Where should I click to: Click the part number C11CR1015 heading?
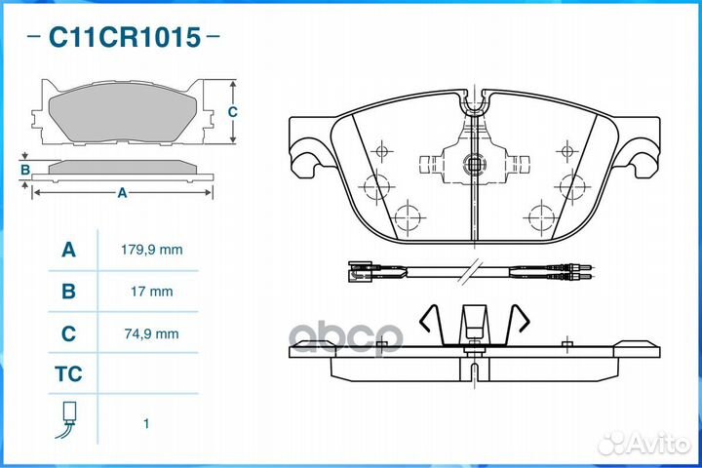click(125, 37)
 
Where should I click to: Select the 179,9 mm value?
click(152, 250)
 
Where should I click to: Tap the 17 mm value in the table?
click(152, 292)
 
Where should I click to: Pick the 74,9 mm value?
click(152, 333)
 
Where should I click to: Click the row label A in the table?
click(68, 250)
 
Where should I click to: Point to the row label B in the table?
click(68, 292)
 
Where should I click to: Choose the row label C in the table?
click(68, 333)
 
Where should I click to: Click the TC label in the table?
click(68, 374)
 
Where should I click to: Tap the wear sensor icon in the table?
click(67, 419)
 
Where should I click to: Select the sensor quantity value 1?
click(146, 423)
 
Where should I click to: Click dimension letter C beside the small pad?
click(232, 111)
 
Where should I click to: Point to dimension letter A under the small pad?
click(122, 193)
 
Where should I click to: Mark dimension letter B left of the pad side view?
click(25, 170)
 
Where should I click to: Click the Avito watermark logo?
click(643, 443)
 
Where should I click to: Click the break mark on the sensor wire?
click(471, 270)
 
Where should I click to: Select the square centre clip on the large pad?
click(474, 164)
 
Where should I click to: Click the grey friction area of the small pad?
click(123, 112)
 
